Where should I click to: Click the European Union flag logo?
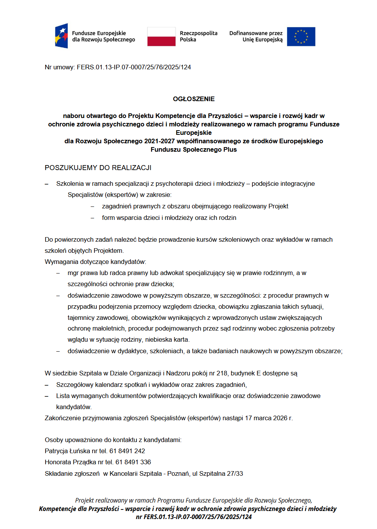tap(301, 37)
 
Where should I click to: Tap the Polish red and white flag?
tap(161, 37)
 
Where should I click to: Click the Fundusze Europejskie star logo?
tap(62, 36)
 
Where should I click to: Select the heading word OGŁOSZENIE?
tap(193, 99)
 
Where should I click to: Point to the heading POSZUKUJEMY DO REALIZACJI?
tap(98, 168)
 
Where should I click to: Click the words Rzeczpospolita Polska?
tap(198, 36)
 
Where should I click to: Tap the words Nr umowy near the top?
tap(59, 67)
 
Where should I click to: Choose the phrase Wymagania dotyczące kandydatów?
tap(95, 262)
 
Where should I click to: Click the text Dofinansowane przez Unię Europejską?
tap(256, 36)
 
